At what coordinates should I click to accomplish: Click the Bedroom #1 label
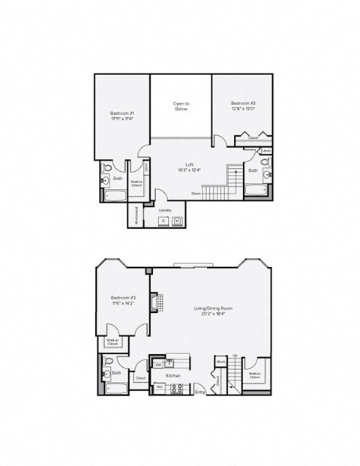tap(121, 113)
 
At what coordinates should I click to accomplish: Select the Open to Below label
tap(181, 106)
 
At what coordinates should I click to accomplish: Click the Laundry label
tap(167, 210)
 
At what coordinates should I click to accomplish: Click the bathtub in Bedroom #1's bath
tap(116, 196)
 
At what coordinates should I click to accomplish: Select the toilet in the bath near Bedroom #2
tap(266, 164)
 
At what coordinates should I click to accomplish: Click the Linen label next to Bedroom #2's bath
tap(266, 151)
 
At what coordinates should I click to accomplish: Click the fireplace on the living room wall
tap(153, 302)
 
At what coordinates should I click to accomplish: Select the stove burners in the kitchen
tap(178, 388)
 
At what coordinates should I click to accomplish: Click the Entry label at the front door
tap(199, 392)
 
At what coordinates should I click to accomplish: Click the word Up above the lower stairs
tap(237, 356)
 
